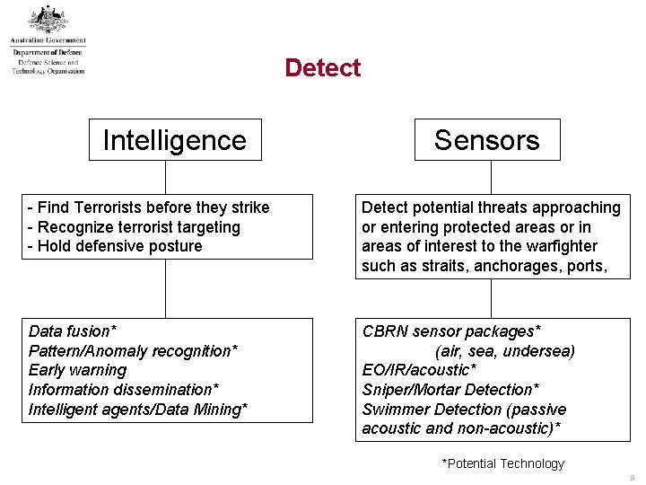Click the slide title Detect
point(322,68)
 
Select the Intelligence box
point(174,140)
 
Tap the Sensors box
point(486,140)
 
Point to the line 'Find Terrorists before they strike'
point(149,207)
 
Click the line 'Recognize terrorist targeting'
point(135,227)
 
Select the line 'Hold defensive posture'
point(116,246)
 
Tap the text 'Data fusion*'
point(73,331)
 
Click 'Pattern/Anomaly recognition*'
point(133,351)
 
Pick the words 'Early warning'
point(78,370)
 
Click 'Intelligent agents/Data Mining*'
point(138,410)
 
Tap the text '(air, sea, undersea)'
point(505,351)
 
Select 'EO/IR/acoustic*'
point(419,370)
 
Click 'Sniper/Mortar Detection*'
point(450,390)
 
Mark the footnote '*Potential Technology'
point(502,463)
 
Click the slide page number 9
point(633,478)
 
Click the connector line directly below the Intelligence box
point(166,177)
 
